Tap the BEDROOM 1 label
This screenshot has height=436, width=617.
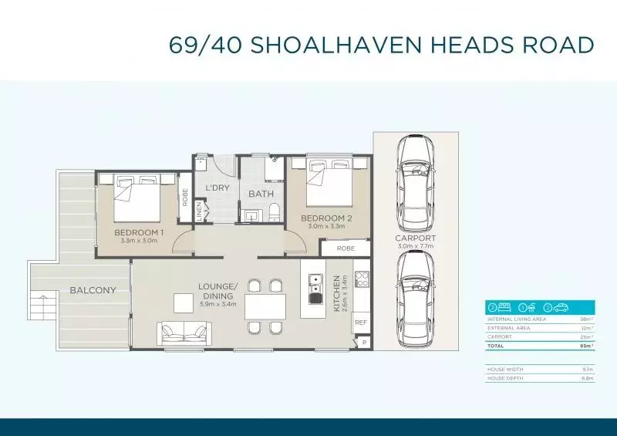(139, 232)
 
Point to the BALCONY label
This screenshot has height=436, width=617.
(93, 291)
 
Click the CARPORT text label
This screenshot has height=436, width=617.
(416, 238)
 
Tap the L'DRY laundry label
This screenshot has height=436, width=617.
(217, 188)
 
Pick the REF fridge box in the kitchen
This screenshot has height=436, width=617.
(361, 323)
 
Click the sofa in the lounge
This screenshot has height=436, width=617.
(184, 333)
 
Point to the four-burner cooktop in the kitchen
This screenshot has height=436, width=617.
(361, 279)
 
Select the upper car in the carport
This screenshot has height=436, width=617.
(416, 178)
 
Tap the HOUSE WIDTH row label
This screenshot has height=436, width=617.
(506, 370)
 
